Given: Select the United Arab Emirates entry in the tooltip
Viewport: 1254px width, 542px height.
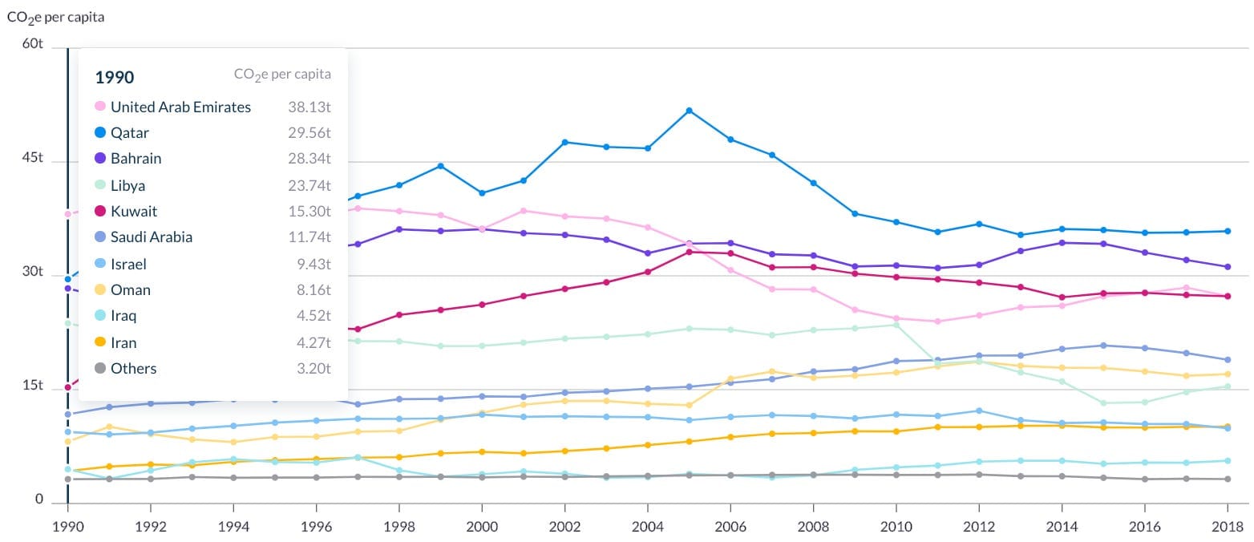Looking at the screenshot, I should [180, 107].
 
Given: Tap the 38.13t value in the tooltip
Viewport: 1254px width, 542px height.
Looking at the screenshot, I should [309, 107].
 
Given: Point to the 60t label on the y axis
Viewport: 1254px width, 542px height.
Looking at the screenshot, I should [33, 44].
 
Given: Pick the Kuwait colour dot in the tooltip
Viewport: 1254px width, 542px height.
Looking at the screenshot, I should [100, 212].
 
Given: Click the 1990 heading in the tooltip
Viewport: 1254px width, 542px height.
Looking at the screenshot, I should [115, 77].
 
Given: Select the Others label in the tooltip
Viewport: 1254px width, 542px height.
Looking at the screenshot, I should [133, 369].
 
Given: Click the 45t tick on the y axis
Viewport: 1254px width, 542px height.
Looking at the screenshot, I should [33, 158].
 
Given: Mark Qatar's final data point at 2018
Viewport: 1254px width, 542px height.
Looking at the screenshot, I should [1227, 232].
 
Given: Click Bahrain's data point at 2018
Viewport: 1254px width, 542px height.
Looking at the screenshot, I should [1227, 267].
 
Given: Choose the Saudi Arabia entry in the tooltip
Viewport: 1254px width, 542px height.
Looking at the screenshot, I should [152, 237].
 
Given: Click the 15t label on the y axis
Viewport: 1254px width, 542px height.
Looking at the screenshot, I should [33, 386].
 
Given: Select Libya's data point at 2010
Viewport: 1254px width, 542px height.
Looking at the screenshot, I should [896, 325].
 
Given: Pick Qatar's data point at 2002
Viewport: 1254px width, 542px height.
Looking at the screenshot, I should [565, 142].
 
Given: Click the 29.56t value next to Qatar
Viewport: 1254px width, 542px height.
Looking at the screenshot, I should [309, 133].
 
